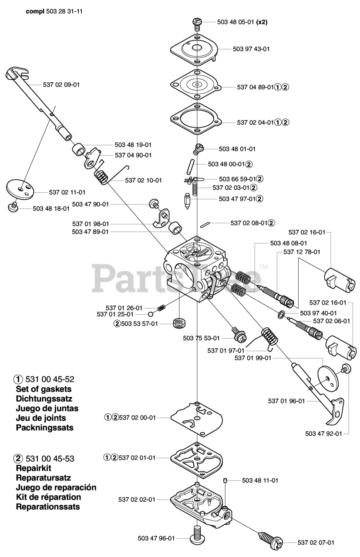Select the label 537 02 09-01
pyautogui.click(x=61, y=84)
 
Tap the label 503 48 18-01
pyautogui.click(x=51, y=208)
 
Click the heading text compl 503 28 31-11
pyautogui.click(x=48, y=12)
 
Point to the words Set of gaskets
pyautogui.click(x=44, y=389)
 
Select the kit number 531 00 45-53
pyautogui.click(x=50, y=458)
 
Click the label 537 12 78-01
pyautogui.click(x=302, y=252)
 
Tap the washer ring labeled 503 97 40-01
pyautogui.click(x=282, y=314)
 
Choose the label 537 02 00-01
pyautogui.click(x=137, y=417)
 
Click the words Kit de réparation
pyautogui.click(x=48, y=497)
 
